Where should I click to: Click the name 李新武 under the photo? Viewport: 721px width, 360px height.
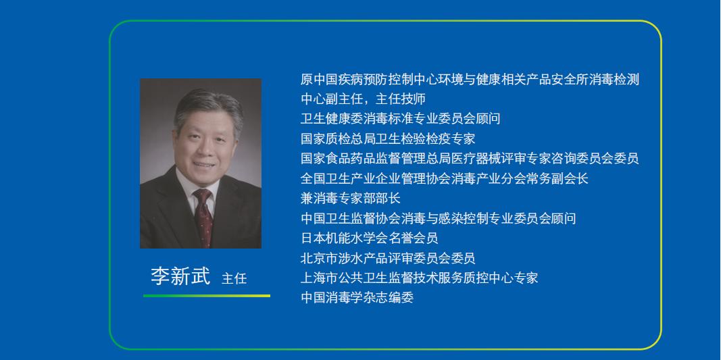[180, 276]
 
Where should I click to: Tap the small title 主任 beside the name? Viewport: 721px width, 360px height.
[234, 279]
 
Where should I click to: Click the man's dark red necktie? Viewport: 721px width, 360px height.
[203, 217]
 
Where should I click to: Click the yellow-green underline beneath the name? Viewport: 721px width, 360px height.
[207, 296]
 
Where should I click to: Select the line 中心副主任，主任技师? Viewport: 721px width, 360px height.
[363, 99]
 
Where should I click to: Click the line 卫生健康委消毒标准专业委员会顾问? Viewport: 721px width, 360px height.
[400, 119]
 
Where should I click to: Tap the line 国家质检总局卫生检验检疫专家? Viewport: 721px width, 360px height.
[388, 138]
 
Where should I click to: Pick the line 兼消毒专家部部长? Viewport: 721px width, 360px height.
[351, 198]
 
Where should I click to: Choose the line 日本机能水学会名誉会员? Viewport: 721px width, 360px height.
[369, 238]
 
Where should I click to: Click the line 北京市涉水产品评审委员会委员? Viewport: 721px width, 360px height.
[388, 258]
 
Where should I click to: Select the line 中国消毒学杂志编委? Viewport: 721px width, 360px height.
[357, 297]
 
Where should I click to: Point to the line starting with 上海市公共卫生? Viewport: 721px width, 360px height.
[419, 278]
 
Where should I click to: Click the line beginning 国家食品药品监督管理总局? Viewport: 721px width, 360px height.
[470, 159]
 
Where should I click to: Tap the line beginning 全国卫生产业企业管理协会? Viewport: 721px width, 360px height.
[444, 178]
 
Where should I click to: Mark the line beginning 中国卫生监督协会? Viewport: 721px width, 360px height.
[438, 218]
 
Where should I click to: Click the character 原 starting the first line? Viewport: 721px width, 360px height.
[307, 79]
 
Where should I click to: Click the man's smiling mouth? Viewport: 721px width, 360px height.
[205, 164]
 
